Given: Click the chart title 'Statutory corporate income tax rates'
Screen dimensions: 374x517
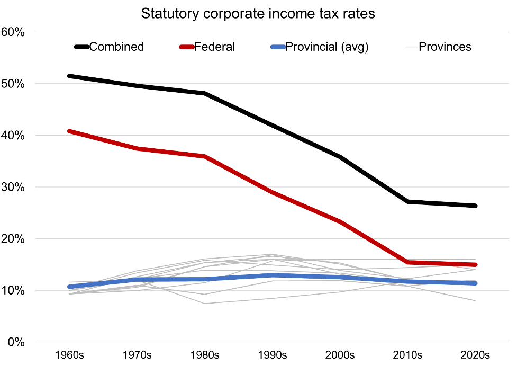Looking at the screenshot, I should (258, 14).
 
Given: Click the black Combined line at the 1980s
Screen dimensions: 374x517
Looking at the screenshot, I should (204, 93).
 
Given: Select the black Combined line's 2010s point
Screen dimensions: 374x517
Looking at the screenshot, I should (407, 201).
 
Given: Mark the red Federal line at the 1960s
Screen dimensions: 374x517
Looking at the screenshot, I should (69, 131).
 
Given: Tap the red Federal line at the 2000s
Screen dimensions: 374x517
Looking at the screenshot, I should (340, 221).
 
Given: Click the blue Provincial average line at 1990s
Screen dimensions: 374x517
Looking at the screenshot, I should (272, 275).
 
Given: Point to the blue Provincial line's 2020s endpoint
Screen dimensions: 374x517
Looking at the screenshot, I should (475, 283).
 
